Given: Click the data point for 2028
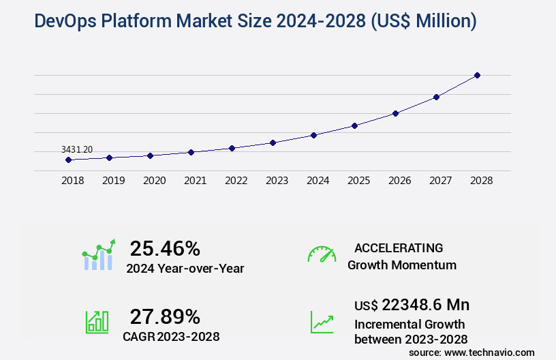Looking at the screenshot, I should pos(477,75).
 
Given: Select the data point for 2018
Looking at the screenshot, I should pos(68,160).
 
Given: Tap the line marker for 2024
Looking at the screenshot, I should pos(313,135).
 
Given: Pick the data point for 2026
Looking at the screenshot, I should pos(395,113).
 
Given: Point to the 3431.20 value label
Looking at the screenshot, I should pos(77,149).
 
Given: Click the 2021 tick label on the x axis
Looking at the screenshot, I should pos(195,181).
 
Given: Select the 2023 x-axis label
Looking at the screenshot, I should pos(277,181).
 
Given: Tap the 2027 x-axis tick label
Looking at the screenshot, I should pos(440,181).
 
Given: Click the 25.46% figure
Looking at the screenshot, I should pos(165,248).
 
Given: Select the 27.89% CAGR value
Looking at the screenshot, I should pos(165,316).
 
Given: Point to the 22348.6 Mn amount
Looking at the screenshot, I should pos(425,305).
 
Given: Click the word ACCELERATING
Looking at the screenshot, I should pos(399,247).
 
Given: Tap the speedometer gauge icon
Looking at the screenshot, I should pos(322,254).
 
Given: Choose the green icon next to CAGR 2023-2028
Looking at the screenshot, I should pos(97,322).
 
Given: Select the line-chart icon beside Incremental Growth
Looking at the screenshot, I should pos(322,322).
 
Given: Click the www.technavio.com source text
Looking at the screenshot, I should pos(490,352).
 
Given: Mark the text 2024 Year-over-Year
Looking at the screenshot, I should pos(185,268).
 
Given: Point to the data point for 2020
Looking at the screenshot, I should pos(150,155).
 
